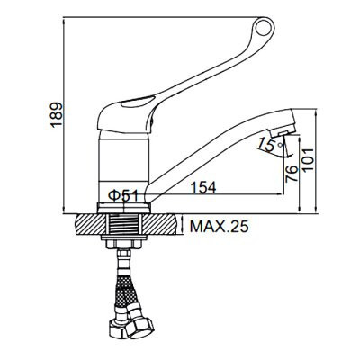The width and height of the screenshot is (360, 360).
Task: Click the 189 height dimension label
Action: [57, 115]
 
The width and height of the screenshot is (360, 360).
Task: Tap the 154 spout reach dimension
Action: [203, 188]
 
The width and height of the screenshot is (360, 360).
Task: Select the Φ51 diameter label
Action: [123, 195]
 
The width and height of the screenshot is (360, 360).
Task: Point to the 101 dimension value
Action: [308, 160]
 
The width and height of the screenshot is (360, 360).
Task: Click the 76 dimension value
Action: [292, 174]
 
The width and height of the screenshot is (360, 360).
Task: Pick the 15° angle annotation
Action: [270, 145]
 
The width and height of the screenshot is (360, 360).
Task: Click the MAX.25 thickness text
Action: [220, 227]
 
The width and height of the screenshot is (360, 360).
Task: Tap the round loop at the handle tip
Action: [265, 27]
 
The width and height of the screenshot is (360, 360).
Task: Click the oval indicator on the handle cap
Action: [138, 103]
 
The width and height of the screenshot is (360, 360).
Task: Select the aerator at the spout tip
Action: [283, 130]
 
